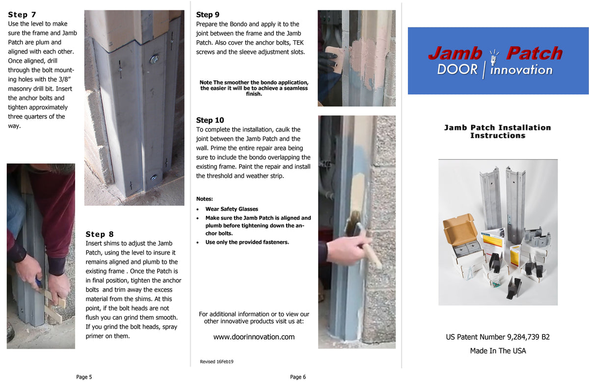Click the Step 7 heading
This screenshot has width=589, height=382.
22,15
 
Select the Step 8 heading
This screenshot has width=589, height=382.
100,234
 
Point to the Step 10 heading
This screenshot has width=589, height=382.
210,120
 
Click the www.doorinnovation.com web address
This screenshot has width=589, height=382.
254,337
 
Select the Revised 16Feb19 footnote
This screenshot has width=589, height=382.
216,361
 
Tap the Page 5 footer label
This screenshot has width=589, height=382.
84,377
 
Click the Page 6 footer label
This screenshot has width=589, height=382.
298,377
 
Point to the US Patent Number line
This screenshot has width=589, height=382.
498,337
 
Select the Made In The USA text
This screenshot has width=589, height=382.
498,351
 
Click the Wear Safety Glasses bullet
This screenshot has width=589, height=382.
232,209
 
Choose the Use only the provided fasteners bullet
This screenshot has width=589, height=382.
247,242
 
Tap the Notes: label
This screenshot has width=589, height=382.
204,199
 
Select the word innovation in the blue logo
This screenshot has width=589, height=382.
521,70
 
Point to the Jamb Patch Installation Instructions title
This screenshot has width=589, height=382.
498,131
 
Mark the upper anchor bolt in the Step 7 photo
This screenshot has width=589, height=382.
154,59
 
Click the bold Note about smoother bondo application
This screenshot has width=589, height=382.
254,88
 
